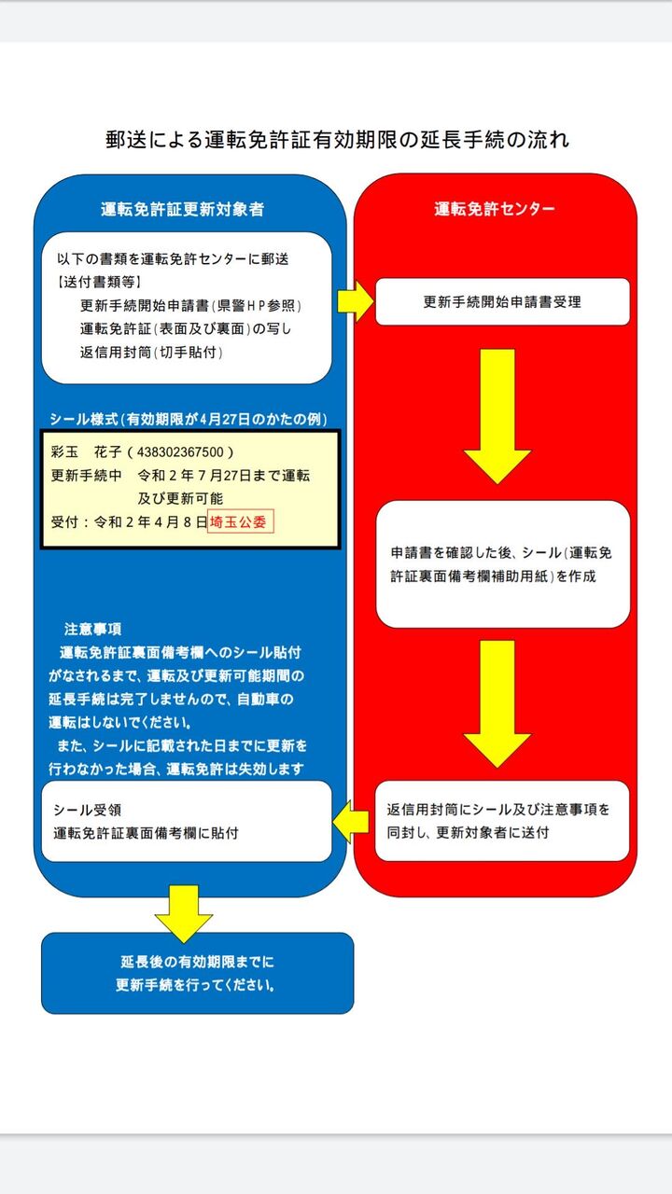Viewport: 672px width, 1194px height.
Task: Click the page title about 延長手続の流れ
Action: coord(337,140)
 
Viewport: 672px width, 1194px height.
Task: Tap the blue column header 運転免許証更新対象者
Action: coord(183,209)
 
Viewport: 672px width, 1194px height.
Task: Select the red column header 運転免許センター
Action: coord(494,209)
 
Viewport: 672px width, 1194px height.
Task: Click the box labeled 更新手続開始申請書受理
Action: coord(502,302)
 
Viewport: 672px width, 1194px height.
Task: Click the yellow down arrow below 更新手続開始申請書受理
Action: coord(497,415)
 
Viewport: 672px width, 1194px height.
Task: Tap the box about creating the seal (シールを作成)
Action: coord(502,564)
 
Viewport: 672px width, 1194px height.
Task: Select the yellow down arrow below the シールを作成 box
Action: coord(497,702)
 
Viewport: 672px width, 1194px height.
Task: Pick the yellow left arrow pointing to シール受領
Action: coord(352,821)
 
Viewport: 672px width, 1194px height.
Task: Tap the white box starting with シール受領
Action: coord(187,821)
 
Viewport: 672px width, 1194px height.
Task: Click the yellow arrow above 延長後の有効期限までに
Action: coord(184,912)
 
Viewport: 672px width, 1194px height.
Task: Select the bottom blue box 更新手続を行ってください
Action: coord(197,973)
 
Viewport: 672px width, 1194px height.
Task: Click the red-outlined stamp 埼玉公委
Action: coord(241,522)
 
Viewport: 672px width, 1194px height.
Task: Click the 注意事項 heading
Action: coord(92,628)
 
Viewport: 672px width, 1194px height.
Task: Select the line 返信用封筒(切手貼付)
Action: coord(151,353)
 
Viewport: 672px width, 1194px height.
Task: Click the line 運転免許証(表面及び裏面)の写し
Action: coord(188,328)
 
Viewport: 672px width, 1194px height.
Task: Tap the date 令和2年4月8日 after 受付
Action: coord(150,522)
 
